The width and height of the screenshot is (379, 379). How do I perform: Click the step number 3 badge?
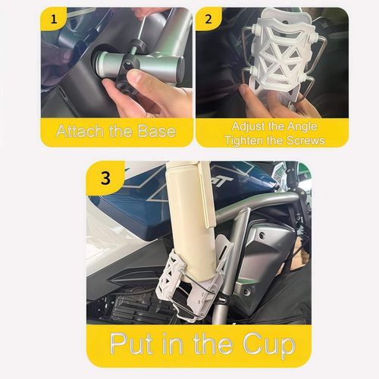click(105, 180)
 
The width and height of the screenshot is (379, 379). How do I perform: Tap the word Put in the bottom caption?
click(134, 343)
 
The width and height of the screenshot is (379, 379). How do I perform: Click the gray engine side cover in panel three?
click(265, 250)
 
